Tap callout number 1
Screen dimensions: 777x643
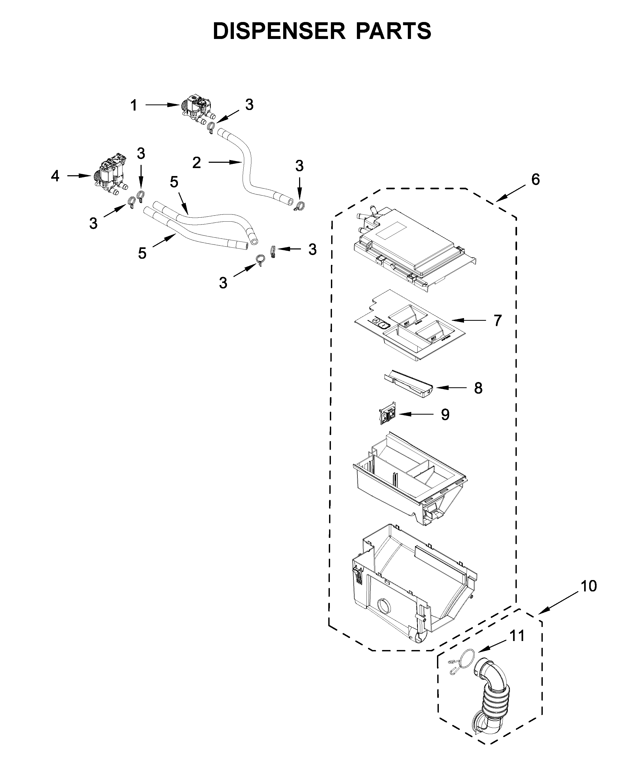[x=134, y=106]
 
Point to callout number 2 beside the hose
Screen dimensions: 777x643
[x=196, y=163]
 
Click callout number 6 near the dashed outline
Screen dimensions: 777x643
[x=535, y=179]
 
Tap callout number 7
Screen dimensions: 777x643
[x=497, y=321]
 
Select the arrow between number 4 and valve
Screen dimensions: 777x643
[x=79, y=176]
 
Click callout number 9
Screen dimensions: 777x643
[x=445, y=415]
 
